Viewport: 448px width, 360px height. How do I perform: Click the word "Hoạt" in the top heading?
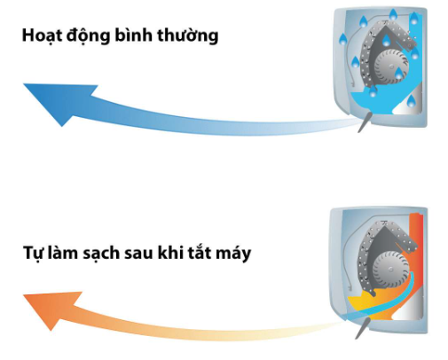click(42, 35)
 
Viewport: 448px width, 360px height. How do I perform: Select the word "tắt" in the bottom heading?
click(199, 253)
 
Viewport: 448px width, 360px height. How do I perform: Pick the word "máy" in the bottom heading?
click(233, 254)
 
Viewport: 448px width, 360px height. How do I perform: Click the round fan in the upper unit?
click(391, 66)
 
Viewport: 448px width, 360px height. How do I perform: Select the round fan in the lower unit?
click(389, 269)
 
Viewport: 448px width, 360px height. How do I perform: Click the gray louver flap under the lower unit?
click(362, 328)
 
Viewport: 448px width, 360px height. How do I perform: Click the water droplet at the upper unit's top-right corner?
click(414, 19)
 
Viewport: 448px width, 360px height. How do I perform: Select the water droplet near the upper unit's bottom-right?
click(411, 101)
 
